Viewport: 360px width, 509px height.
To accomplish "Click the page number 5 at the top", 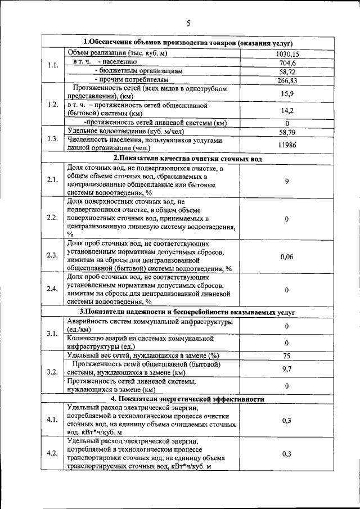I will click(188, 23).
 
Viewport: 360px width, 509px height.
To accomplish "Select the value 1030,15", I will click(287, 54).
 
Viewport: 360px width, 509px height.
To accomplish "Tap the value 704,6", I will click(287, 63).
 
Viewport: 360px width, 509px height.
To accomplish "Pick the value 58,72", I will click(287, 72).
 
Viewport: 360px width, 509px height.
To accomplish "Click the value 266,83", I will click(287, 81).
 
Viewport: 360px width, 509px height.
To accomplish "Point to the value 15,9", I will click(287, 93).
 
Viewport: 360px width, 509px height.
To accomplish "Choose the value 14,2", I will click(287, 111).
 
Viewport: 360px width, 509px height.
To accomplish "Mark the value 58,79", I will click(287, 132).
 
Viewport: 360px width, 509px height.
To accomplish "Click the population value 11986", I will click(287, 145).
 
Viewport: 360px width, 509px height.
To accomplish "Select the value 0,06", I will click(287, 256).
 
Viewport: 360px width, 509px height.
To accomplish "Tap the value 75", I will click(287, 355).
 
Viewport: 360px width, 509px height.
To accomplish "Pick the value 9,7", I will click(287, 368).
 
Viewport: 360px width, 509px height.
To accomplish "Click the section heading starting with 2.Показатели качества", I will click(188, 159).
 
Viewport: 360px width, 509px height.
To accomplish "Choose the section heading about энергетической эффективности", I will click(188, 399).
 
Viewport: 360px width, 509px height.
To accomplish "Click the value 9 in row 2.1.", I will click(287, 181).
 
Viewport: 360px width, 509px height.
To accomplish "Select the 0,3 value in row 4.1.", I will click(287, 420).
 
